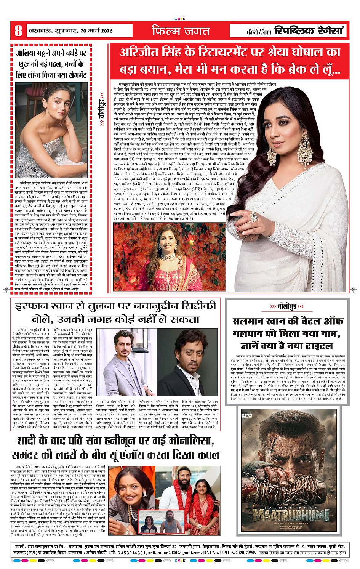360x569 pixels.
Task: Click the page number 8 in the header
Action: [18, 30]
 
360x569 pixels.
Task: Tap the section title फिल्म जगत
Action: [181, 30]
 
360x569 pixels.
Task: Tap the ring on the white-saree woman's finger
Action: [254, 217]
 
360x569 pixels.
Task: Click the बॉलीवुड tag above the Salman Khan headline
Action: [287, 306]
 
